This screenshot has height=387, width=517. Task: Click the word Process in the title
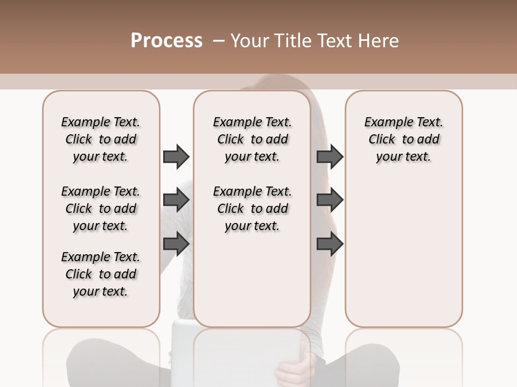166,41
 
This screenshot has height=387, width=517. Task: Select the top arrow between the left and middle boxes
176,156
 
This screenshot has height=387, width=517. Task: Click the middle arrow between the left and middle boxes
176,200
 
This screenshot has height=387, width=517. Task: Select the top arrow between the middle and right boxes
330,156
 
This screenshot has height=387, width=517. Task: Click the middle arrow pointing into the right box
330,200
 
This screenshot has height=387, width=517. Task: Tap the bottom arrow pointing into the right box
330,244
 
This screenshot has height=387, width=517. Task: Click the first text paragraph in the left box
101,139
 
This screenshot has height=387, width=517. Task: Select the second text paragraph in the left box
101,209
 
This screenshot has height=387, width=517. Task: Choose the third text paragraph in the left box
101,274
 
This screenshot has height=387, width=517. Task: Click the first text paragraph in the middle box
253,139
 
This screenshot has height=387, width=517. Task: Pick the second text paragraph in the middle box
253,209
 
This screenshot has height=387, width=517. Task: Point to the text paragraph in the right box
404,139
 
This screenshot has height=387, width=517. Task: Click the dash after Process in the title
218,41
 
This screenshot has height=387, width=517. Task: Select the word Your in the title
248,41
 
